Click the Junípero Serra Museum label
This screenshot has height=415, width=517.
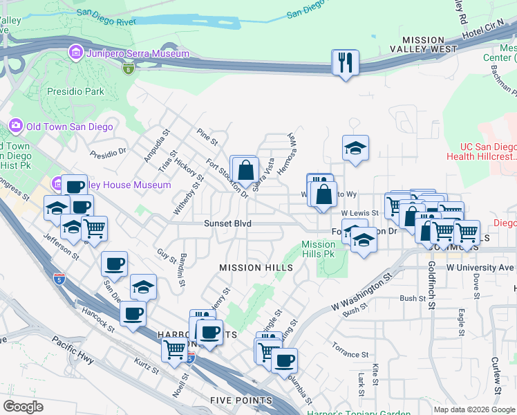(137, 53)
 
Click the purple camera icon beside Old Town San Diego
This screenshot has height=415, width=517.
(15, 126)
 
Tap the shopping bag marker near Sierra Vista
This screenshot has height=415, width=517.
(245, 169)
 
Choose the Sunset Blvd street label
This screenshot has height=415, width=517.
(227, 223)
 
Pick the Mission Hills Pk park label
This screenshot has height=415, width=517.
(318, 249)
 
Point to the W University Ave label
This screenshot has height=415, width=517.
(480, 267)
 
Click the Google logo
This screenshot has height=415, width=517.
(23, 407)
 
